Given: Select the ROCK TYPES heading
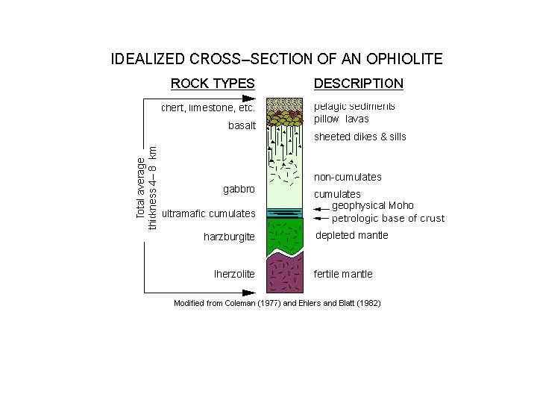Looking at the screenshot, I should (x=213, y=84).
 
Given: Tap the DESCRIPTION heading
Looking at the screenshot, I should (x=359, y=84).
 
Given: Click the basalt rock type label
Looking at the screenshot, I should (x=242, y=125).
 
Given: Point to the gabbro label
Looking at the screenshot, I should (x=239, y=189).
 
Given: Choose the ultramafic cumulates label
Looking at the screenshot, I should (x=209, y=213).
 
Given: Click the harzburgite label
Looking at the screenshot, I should (x=229, y=237).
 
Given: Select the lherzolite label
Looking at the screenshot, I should (x=234, y=274).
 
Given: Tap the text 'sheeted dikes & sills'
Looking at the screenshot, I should (x=360, y=137).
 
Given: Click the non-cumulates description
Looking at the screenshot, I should (x=348, y=177).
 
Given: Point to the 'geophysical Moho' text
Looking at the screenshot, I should (x=373, y=205).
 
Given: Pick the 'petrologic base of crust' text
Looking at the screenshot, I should (x=388, y=219).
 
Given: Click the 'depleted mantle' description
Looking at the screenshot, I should (x=352, y=236).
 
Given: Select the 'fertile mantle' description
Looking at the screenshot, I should (x=343, y=274).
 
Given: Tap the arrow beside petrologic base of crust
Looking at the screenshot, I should (x=321, y=219).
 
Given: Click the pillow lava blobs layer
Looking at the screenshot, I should (x=285, y=119).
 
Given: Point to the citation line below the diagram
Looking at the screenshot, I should (x=277, y=304).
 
